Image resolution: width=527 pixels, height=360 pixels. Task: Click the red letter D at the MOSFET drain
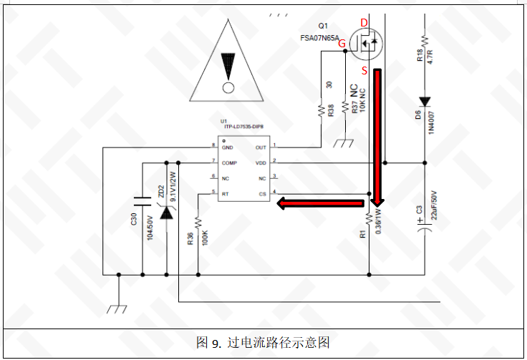point(364,23)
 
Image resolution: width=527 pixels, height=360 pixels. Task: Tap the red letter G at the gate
point(342,44)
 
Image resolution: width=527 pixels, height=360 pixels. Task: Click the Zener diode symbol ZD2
point(166,213)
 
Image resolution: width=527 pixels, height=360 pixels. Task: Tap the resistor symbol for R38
point(321,110)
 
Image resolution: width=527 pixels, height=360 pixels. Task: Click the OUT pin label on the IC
point(261,147)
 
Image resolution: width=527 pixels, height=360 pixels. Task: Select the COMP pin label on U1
point(230,162)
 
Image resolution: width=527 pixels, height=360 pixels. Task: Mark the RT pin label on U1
point(225,193)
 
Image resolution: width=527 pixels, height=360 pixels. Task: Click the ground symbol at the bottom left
point(117,308)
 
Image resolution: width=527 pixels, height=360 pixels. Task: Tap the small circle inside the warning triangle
point(228,88)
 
